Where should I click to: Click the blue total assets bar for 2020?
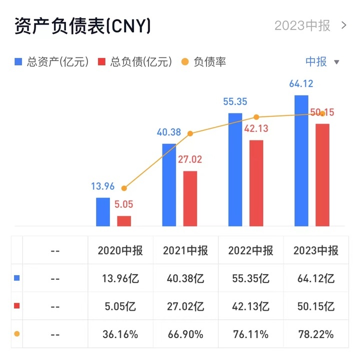point(103,212)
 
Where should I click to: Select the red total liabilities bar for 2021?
point(190,198)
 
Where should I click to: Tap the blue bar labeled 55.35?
point(235,169)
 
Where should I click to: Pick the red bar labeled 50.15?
point(322,175)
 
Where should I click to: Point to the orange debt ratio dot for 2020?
point(124,188)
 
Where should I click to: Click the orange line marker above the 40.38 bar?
point(190,133)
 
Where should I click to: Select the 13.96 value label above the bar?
point(102,187)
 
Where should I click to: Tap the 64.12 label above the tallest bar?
point(301,84)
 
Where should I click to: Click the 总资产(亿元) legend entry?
point(52,62)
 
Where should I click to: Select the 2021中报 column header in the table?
point(185,251)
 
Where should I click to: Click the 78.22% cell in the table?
point(316,334)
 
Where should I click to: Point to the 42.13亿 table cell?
point(250,306)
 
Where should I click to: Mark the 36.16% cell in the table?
point(120,334)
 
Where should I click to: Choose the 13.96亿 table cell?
point(120,278)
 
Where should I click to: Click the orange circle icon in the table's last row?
point(17,334)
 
